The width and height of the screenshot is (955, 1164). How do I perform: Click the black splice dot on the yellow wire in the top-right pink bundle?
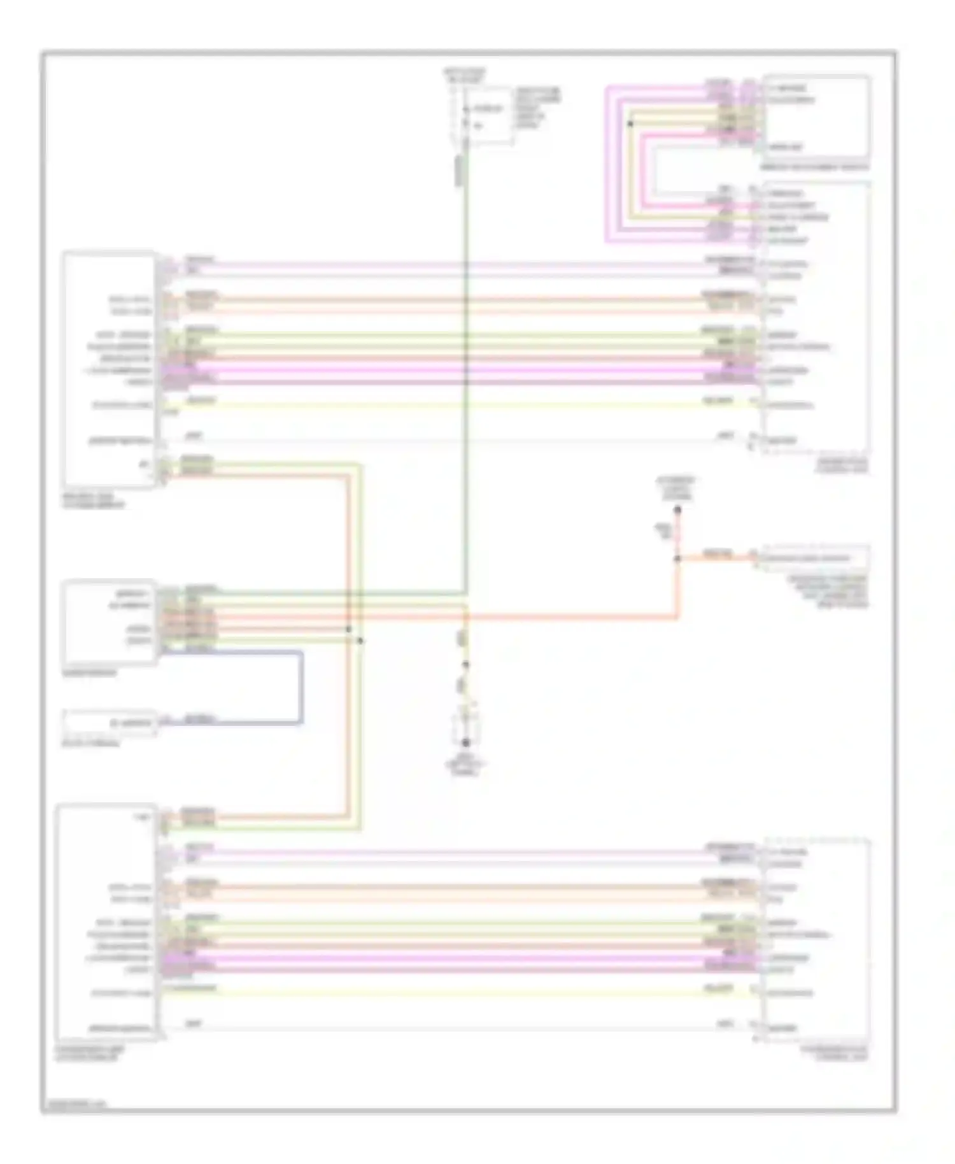click(x=630, y=124)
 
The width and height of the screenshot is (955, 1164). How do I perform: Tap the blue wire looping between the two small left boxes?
click(x=301, y=688)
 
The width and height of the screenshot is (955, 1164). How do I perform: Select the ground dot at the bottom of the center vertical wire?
click(x=466, y=742)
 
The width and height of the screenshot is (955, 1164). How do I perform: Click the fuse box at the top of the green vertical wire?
click(x=483, y=115)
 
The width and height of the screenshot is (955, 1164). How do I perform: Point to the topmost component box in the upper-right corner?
click(x=816, y=117)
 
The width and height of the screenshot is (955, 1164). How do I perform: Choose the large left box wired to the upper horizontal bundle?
click(x=109, y=369)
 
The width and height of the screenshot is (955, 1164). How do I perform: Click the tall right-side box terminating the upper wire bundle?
click(x=816, y=318)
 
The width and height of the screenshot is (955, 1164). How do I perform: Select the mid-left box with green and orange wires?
click(x=109, y=622)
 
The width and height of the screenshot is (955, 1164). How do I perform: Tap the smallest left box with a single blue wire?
click(x=109, y=723)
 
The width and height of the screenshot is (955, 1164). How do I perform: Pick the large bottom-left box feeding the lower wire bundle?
click(x=107, y=922)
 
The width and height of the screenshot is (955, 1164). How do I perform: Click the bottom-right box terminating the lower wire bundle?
click(x=817, y=940)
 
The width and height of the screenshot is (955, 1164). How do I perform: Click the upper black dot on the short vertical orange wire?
click(x=677, y=510)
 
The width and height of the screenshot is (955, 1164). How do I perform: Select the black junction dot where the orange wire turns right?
click(x=677, y=558)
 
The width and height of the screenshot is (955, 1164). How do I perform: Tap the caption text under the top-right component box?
click(x=815, y=167)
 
